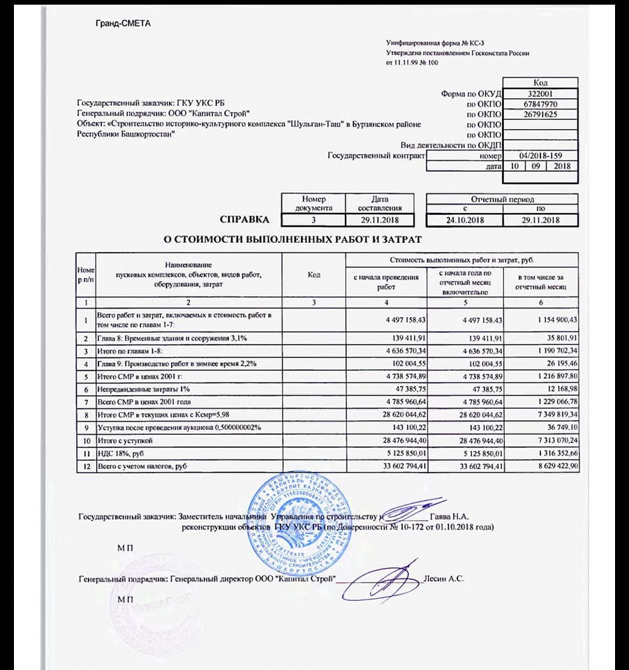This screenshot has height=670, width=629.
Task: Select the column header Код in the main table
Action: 313,274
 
